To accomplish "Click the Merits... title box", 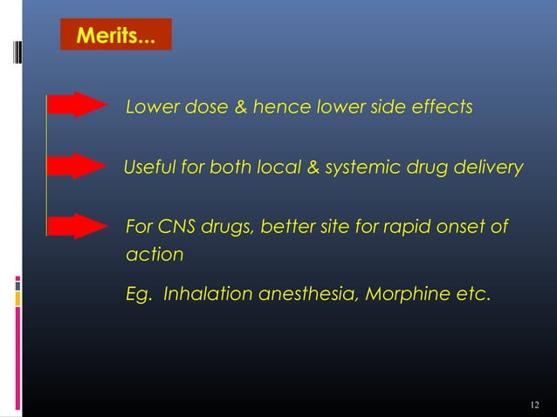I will point(117,36).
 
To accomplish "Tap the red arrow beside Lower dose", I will point(77,105).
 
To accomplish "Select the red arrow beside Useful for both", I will point(77,166).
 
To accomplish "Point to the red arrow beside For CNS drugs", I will point(77,226).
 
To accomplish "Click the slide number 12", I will point(535,406).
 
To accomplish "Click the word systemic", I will point(358,167).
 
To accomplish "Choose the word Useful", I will point(149,167).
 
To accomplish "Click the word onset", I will point(461,228).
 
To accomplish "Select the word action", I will point(154,255).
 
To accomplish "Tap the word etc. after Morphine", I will point(472,295).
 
